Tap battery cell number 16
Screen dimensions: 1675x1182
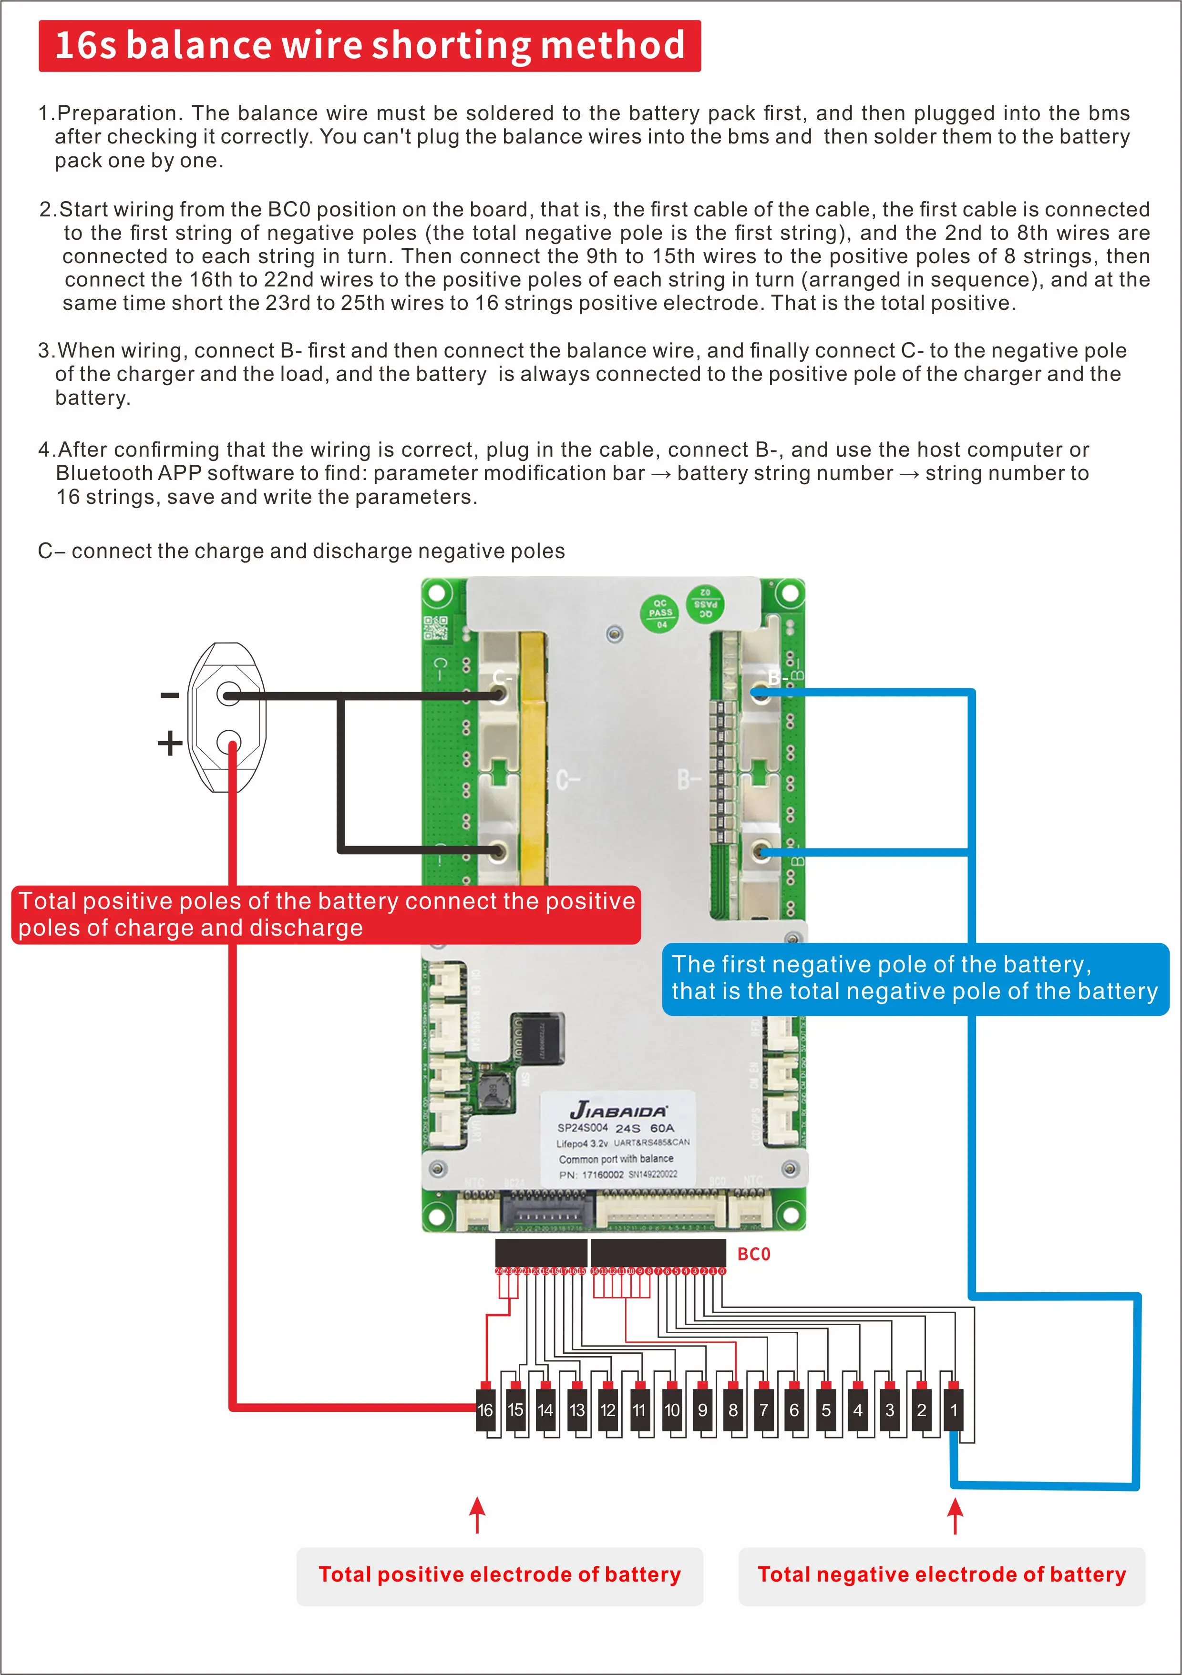pos(485,1410)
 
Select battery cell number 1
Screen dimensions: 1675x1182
pos(953,1410)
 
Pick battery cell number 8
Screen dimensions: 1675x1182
pos(733,1410)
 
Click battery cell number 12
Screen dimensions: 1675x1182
pos(608,1410)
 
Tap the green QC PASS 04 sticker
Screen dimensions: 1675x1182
pos(659,613)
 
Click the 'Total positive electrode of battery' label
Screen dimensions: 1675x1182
pos(500,1574)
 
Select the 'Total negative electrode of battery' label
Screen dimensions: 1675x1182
pos(942,1574)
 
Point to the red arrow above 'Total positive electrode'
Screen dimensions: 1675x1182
pos(477,1514)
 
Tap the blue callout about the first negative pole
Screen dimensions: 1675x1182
pos(915,978)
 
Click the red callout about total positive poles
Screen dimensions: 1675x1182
pos(326,914)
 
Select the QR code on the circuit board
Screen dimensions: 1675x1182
pos(436,628)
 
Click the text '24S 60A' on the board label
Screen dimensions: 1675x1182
pos(645,1128)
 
